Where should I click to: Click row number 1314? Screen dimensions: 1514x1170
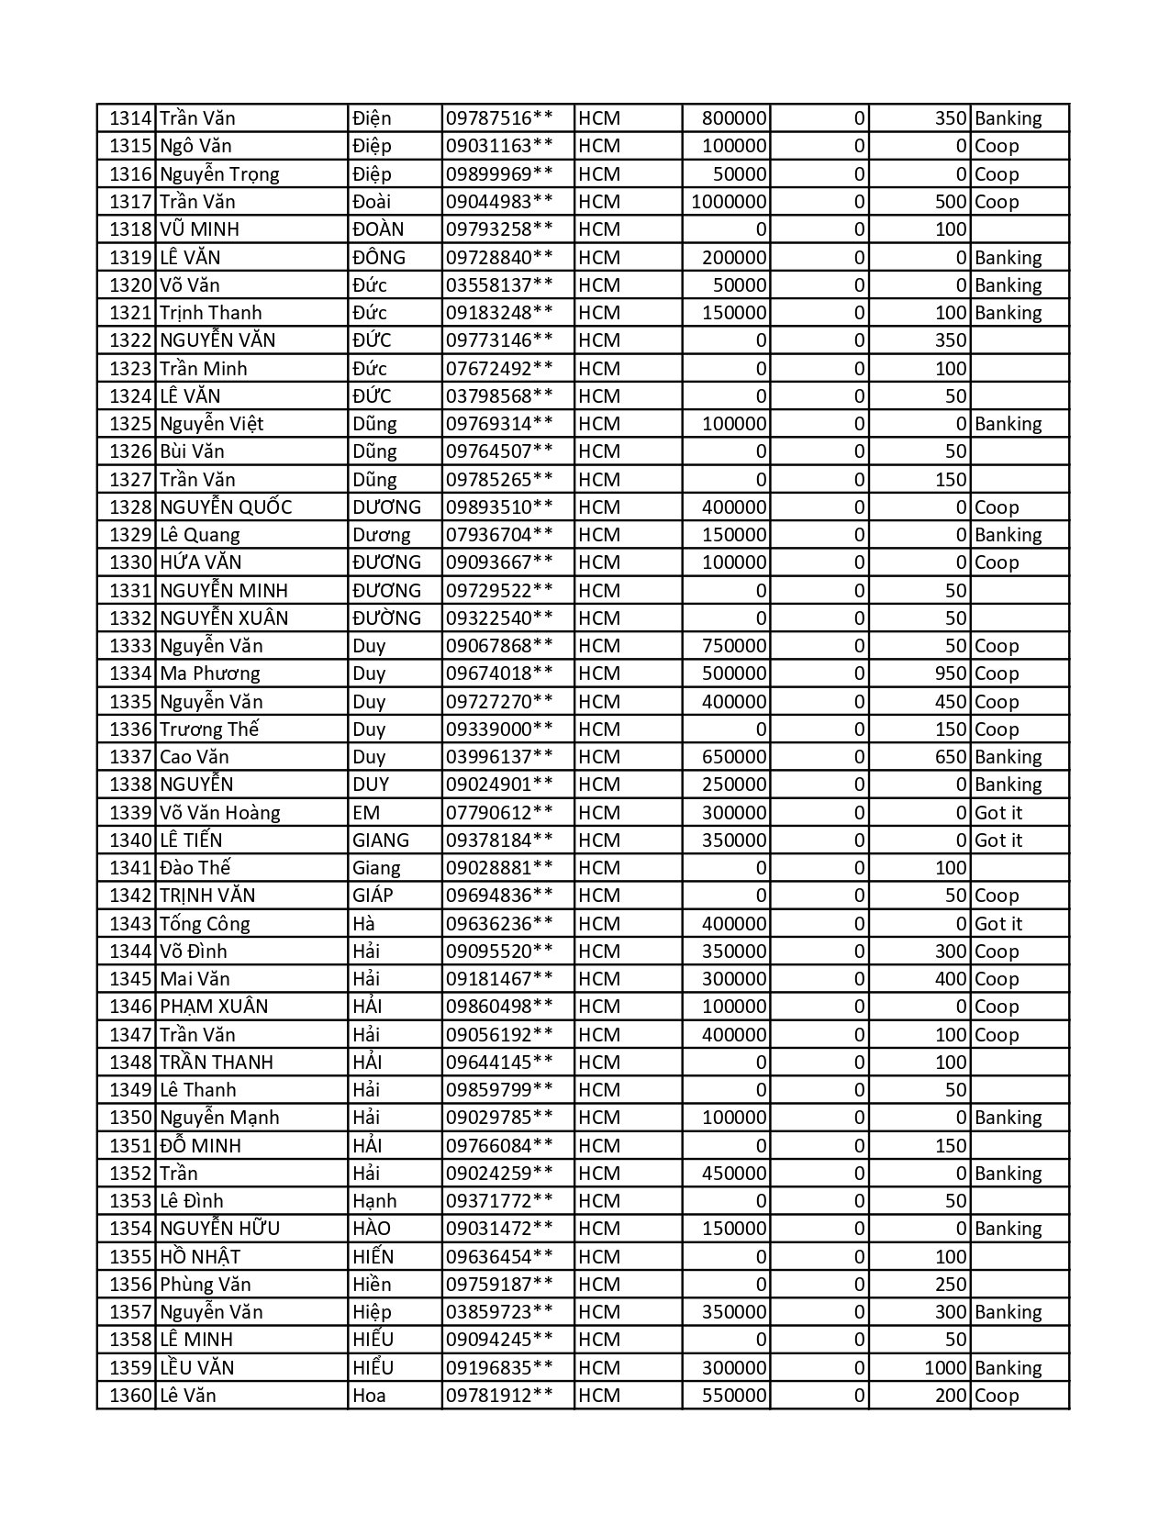tap(129, 118)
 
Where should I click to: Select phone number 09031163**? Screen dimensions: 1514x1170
tap(499, 146)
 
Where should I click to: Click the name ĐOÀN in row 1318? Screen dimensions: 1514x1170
tap(378, 229)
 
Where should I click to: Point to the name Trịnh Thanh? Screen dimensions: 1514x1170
tap(210, 313)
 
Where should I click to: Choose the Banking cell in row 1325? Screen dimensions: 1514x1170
tap(1008, 424)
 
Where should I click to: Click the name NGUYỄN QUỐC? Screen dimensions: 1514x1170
tap(226, 507)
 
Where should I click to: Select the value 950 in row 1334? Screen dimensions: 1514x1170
tap(951, 674)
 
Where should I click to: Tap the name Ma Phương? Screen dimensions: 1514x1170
tap(209, 674)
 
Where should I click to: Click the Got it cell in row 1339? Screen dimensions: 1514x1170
tap(997, 813)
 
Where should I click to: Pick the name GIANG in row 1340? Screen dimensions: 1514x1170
tap(381, 840)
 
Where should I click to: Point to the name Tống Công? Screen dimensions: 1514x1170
tap(205, 924)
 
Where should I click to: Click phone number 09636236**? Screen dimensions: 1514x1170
tap(499, 924)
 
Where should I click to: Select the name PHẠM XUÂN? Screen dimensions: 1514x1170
tap(214, 1007)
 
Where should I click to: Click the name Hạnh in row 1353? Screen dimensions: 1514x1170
tap(374, 1201)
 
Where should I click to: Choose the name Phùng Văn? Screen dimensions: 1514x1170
tap(205, 1285)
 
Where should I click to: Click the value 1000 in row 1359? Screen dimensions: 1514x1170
tap(945, 1368)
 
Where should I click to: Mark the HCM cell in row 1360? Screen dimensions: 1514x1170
tap(599, 1396)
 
